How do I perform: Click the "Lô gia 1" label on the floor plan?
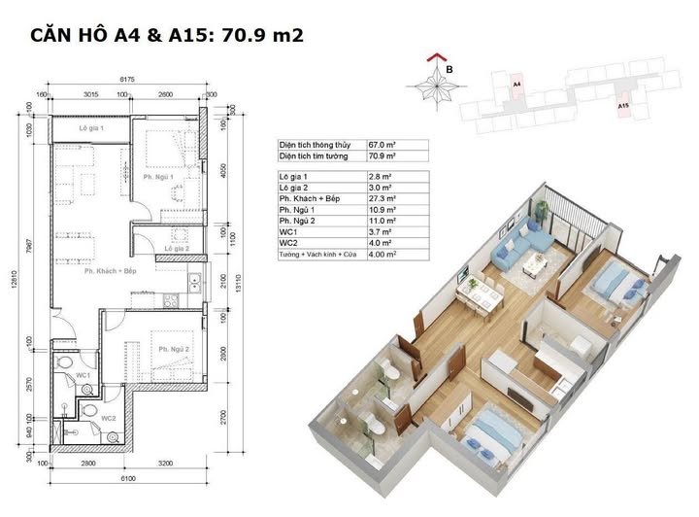pos(92,128)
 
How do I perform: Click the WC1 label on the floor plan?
pos(83,374)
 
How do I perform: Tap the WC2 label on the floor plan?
pos(109,418)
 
